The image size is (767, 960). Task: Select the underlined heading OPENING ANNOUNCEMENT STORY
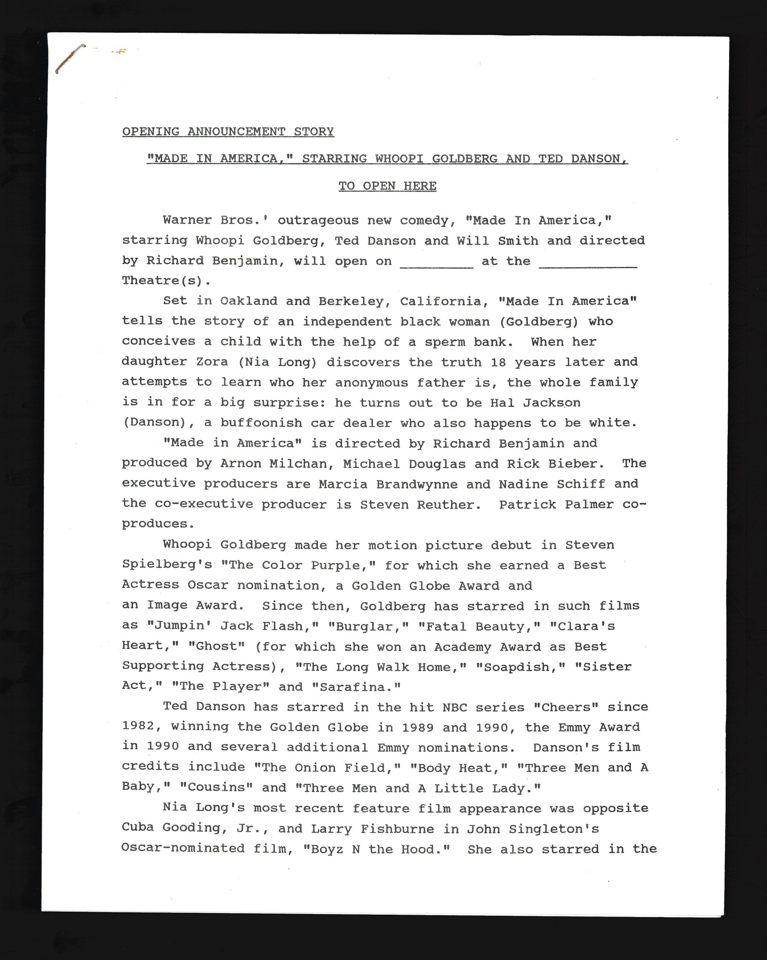(x=228, y=132)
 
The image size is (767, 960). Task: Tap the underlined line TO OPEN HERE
(x=387, y=186)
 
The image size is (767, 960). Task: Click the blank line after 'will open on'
(x=436, y=266)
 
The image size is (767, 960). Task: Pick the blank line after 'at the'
(x=588, y=266)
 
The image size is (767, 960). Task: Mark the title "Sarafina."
(x=356, y=687)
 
